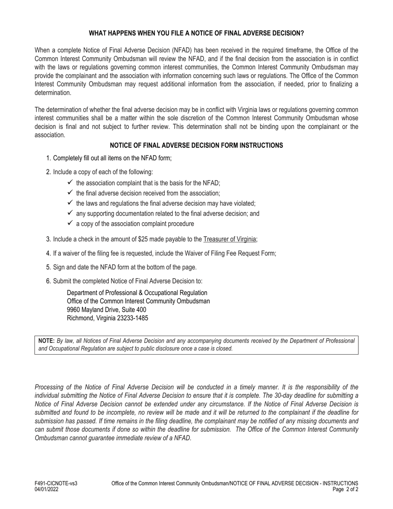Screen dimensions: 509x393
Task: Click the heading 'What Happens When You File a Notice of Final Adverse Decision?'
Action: point(196,33)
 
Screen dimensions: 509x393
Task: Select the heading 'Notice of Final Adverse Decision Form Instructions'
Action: point(196,145)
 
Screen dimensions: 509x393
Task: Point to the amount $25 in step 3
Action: point(162,239)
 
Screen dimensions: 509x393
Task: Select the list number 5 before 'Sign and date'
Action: point(48,267)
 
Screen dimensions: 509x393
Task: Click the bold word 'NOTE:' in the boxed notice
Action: point(46,341)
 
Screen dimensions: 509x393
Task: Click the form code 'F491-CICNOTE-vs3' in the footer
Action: point(56,483)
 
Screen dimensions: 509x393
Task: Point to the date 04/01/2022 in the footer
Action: point(47,489)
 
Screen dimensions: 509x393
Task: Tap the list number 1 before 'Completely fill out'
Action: point(48,158)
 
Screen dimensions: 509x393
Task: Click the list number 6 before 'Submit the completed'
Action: point(48,281)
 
